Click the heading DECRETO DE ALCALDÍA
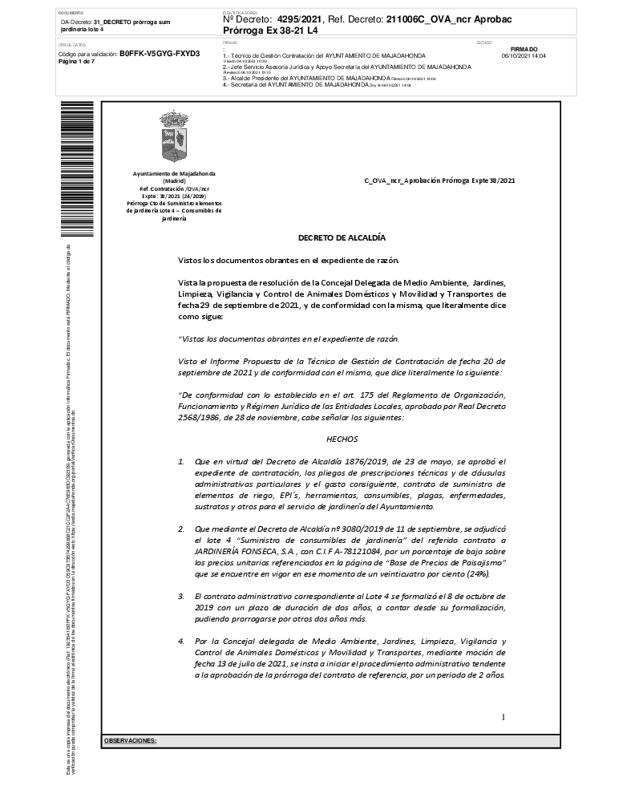(x=342, y=237)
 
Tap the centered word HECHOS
(x=342, y=439)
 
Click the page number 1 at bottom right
(x=503, y=716)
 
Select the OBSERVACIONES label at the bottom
(x=131, y=740)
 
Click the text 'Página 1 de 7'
(x=77, y=61)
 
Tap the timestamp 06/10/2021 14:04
(x=524, y=56)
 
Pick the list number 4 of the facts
(x=181, y=642)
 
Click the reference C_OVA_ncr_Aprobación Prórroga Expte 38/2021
(x=439, y=180)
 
